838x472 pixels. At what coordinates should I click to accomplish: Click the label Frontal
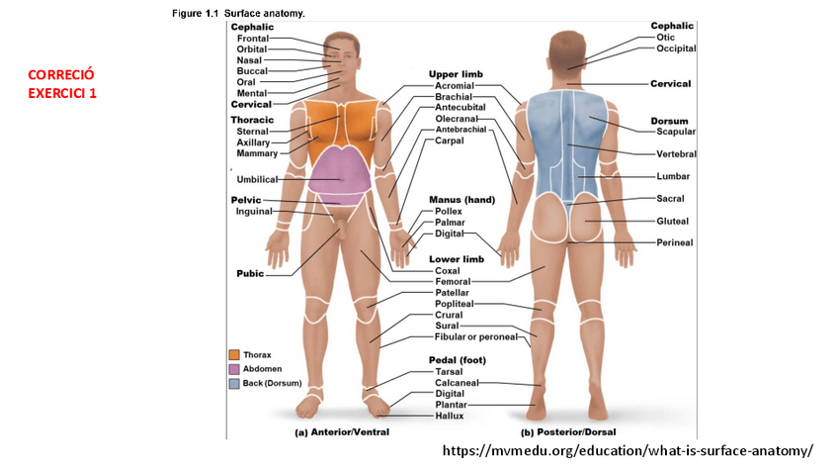pyautogui.click(x=252, y=38)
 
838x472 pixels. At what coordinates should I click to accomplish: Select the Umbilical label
pyautogui.click(x=257, y=179)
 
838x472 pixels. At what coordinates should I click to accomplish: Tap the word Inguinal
pyautogui.click(x=253, y=211)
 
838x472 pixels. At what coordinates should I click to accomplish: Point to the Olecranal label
pyautogui.click(x=457, y=119)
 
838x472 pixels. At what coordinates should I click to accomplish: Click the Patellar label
pyautogui.click(x=452, y=293)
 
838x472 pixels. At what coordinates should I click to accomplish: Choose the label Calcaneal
pyautogui.click(x=457, y=383)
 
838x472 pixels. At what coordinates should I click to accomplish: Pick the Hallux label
pyautogui.click(x=449, y=416)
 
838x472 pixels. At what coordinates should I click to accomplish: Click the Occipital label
pyautogui.click(x=676, y=47)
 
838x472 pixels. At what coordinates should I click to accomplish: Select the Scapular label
pyautogui.click(x=676, y=132)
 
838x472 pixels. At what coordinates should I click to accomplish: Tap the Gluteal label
pyautogui.click(x=672, y=221)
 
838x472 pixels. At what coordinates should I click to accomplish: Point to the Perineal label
pyautogui.click(x=674, y=242)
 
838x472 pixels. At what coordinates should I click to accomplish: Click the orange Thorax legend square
pyautogui.click(x=234, y=354)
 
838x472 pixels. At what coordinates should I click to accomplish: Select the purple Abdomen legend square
pyautogui.click(x=234, y=368)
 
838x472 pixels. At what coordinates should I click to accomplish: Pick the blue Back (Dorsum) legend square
pyautogui.click(x=234, y=382)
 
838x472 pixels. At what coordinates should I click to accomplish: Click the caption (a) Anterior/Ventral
pyautogui.click(x=342, y=431)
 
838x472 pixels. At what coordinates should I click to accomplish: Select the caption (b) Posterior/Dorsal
pyautogui.click(x=568, y=431)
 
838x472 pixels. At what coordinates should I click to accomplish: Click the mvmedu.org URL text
pyautogui.click(x=628, y=451)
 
